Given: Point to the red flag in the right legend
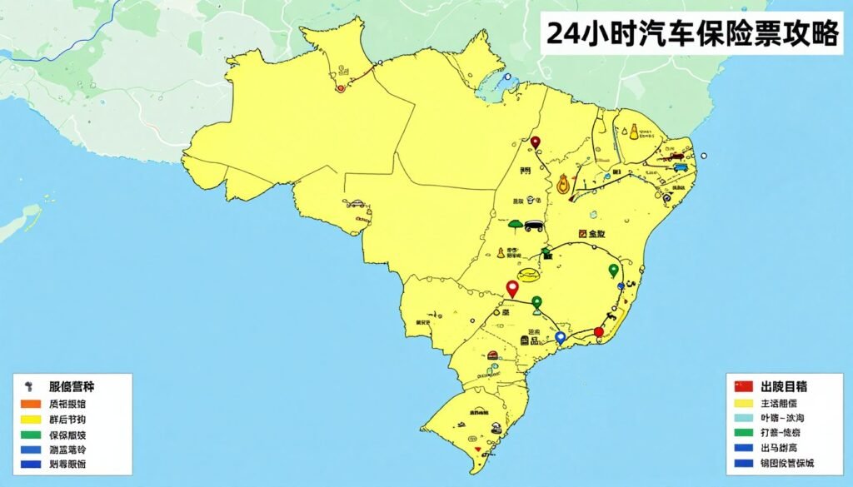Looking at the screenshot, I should coord(744,386).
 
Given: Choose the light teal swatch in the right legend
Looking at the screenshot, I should coord(744,417).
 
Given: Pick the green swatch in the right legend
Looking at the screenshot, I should coord(744,433).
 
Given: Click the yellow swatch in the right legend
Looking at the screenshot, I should coord(744,402).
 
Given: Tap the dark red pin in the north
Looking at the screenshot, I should coord(536,142).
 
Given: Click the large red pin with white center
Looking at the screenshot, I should coord(512,288).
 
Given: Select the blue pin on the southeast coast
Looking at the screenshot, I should coord(561,337).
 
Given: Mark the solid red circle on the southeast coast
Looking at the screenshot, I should coord(598,332).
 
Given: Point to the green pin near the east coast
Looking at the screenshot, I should coord(614,269).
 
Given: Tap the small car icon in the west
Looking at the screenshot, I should coord(356,203).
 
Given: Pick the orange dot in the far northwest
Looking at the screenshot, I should coord(340,88).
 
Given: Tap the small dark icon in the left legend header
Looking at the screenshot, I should coord(30,386).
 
